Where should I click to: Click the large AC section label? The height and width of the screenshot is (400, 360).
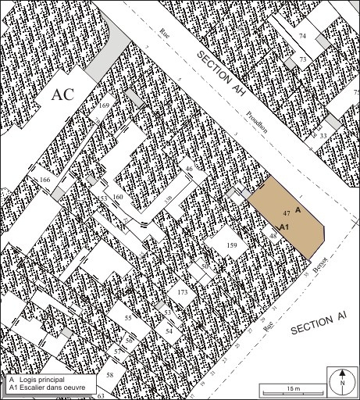(x=62, y=95)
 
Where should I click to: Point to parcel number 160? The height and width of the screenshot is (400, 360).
(x=118, y=196)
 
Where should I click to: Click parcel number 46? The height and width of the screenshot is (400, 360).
(x=188, y=170)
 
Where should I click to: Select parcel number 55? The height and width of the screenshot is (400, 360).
(x=128, y=319)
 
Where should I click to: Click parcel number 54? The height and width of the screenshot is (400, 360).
(x=169, y=331)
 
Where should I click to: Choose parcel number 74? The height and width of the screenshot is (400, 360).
(x=302, y=37)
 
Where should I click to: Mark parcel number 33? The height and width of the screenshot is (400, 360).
(x=323, y=136)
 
